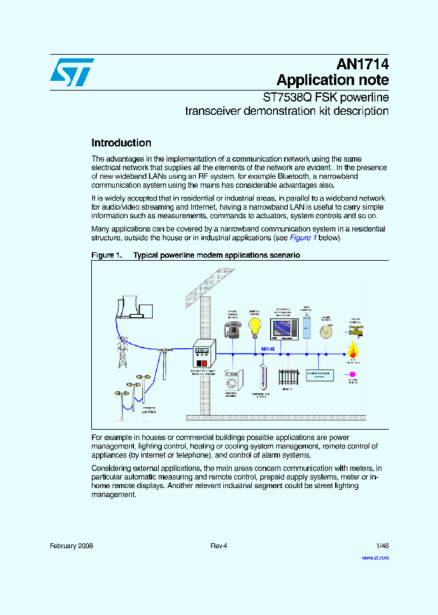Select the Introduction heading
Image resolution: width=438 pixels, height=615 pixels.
click(x=121, y=143)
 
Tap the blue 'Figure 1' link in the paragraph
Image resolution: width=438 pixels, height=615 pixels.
click(x=302, y=238)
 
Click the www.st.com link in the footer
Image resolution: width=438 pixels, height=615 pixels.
click(x=375, y=557)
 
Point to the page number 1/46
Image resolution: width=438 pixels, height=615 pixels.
click(x=382, y=546)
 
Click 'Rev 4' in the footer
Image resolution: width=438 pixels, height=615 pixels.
click(x=218, y=546)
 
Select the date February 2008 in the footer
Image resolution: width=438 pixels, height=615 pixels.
click(x=71, y=546)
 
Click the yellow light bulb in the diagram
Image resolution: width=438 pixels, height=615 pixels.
click(x=255, y=328)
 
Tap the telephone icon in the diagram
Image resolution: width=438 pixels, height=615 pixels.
click(x=232, y=329)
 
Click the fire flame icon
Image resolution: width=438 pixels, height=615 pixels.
click(x=352, y=349)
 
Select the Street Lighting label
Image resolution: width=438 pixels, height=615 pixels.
click(x=149, y=410)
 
